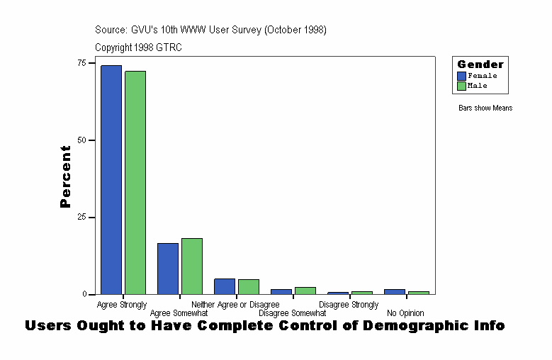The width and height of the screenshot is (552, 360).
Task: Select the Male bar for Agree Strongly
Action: [135, 182]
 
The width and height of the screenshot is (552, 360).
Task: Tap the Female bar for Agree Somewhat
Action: [168, 269]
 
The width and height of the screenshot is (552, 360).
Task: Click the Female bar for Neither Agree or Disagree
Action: [225, 286]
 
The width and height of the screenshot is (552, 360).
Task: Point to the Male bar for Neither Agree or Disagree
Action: [249, 287]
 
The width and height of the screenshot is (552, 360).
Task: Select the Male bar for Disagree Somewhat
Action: [305, 291]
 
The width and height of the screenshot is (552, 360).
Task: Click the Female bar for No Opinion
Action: [395, 291]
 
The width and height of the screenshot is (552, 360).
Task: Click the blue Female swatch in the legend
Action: [461, 76]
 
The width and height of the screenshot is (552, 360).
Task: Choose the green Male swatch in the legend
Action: [461, 86]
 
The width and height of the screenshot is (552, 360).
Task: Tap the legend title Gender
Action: [480, 64]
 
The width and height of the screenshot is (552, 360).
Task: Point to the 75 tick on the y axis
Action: [82, 63]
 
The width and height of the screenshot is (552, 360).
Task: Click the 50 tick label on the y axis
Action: [82, 140]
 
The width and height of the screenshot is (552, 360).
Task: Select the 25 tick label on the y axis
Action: [82, 218]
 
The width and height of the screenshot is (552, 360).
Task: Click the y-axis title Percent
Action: [66, 176]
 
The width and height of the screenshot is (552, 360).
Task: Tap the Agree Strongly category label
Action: [122, 305]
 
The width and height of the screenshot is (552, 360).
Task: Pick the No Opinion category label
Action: [405, 313]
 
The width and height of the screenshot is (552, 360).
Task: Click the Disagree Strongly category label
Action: [349, 305]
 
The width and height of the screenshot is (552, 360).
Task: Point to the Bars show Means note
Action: [485, 108]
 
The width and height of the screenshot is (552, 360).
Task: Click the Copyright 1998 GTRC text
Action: [133, 47]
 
